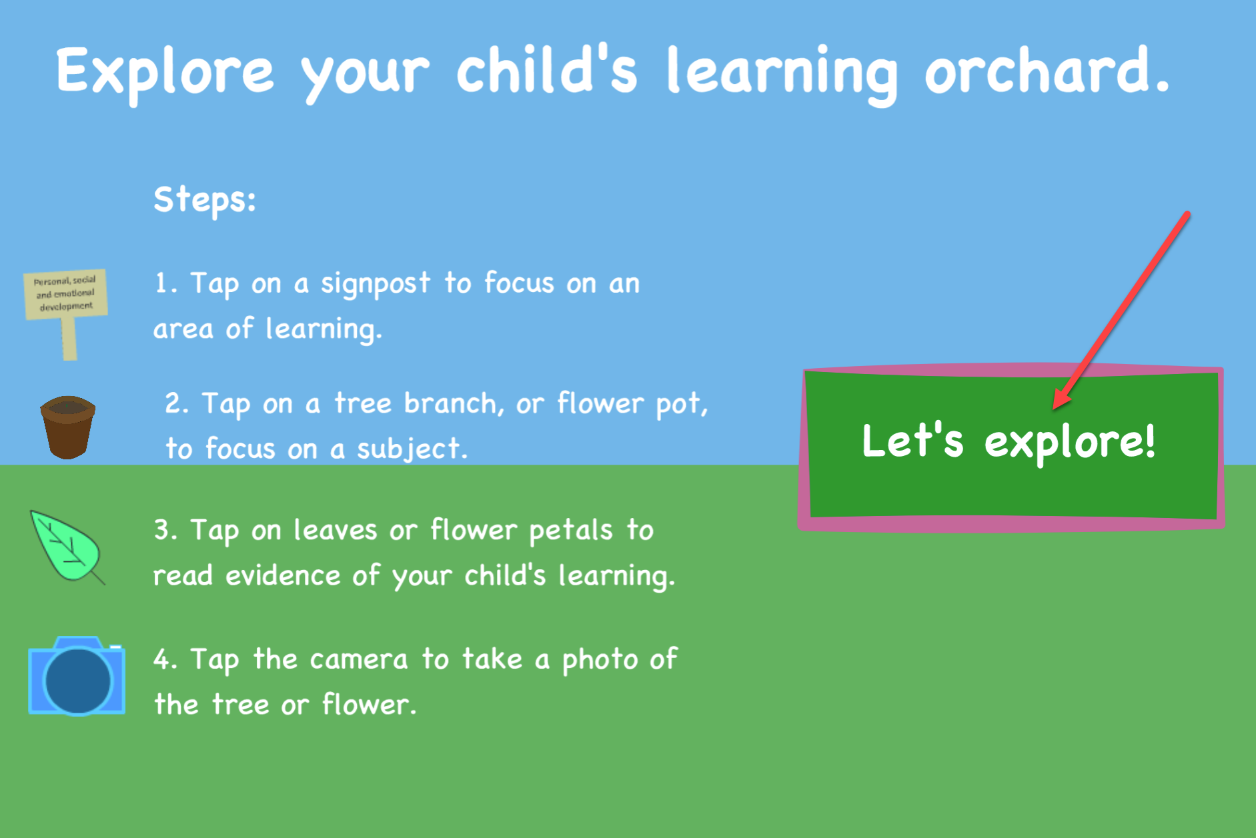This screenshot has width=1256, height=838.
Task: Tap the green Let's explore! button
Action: tap(1011, 445)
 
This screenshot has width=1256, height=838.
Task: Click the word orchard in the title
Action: tap(1047, 70)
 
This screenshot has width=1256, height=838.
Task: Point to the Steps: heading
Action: tap(205, 199)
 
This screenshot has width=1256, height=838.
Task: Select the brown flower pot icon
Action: tap(67, 427)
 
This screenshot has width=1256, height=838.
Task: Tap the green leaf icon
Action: tap(67, 547)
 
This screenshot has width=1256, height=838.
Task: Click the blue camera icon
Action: tap(77, 676)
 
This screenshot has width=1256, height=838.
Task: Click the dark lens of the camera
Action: tap(77, 681)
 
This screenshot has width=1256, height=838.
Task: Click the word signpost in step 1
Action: tap(376, 284)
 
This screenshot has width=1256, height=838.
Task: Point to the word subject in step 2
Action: tap(412, 449)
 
